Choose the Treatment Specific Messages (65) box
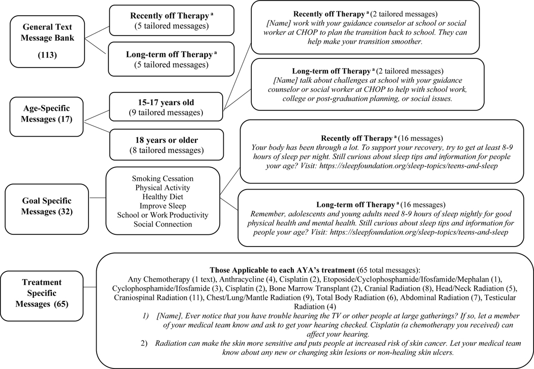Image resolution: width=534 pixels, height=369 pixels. [x=42, y=296]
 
